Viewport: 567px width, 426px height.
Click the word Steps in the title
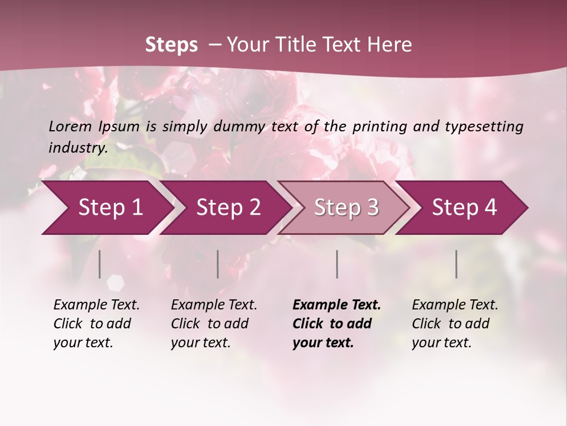171,45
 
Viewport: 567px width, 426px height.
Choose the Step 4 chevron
464,208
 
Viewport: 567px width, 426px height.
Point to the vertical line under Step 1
100,264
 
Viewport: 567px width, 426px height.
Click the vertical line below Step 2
218,264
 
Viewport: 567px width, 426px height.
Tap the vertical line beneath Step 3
337,264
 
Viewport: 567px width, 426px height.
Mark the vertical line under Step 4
457,264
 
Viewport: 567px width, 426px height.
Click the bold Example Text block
336,324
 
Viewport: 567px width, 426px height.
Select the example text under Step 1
96,324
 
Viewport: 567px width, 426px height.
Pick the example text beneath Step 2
214,324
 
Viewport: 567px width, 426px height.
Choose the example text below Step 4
455,324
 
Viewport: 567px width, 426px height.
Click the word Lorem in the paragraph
70,127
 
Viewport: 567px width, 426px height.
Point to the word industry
78,148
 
